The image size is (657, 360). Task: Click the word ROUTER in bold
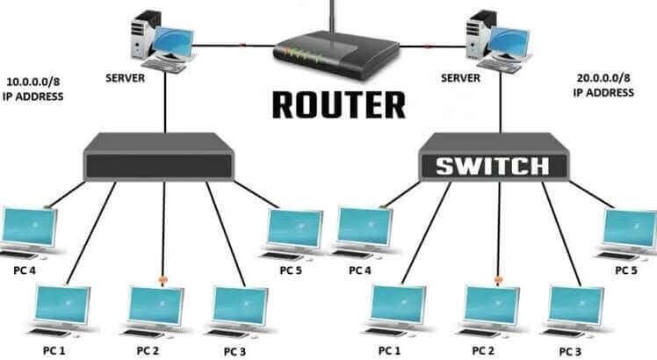pyautogui.click(x=338, y=104)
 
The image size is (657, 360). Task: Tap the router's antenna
pyautogui.click(x=333, y=18)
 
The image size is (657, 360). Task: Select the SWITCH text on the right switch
pyautogui.click(x=493, y=166)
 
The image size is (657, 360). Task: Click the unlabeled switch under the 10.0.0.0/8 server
pyautogui.click(x=159, y=157)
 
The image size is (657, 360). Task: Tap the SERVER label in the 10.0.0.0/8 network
pyautogui.click(x=125, y=78)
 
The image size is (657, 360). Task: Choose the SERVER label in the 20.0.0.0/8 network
pyautogui.click(x=460, y=78)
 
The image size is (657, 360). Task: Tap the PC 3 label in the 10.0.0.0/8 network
pyautogui.click(x=235, y=351)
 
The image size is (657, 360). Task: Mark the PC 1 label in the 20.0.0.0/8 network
pyautogui.click(x=389, y=350)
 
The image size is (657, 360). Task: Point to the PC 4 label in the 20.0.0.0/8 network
pyautogui.click(x=360, y=270)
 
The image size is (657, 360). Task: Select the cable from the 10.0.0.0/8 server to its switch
pyautogui.click(x=165, y=102)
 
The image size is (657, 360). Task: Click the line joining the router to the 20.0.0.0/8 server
pyautogui.click(x=434, y=46)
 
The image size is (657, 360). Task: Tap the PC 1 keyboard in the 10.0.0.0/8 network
pyautogui.click(x=49, y=332)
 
